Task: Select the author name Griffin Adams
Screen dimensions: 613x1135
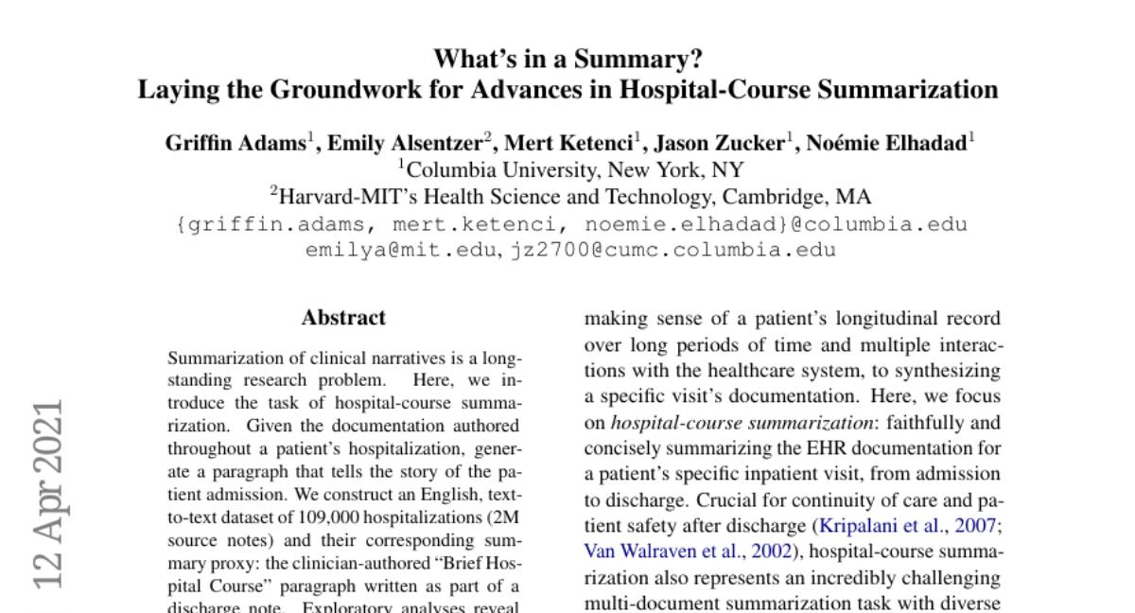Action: pyautogui.click(x=235, y=144)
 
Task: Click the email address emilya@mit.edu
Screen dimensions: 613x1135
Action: pyautogui.click(x=402, y=251)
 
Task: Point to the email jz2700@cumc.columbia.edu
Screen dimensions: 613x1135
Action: pyautogui.click(x=673, y=251)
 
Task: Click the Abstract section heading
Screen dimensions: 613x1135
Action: pyautogui.click(x=343, y=318)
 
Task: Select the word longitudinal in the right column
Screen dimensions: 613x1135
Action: pyautogui.click(x=886, y=320)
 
